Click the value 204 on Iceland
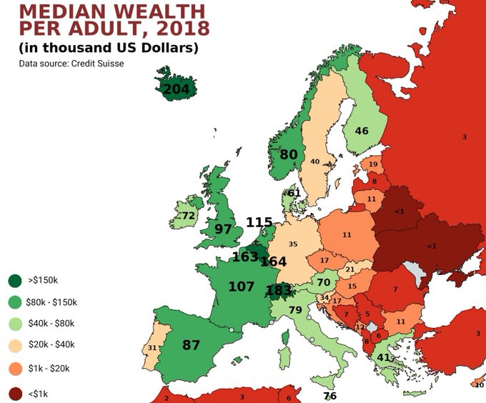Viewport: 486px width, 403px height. (x=176, y=89)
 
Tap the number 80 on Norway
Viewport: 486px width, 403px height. (x=289, y=154)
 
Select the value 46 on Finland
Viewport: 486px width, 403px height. (x=362, y=131)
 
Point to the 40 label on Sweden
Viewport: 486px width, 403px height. (x=314, y=161)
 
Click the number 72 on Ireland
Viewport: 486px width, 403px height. (x=188, y=215)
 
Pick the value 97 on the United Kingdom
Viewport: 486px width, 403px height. (x=223, y=229)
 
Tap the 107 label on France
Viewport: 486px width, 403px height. (x=242, y=287)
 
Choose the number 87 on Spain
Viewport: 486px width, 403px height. (x=191, y=345)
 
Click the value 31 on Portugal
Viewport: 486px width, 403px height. (x=152, y=348)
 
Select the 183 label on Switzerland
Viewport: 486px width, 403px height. (x=278, y=290)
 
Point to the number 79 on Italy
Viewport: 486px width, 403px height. (x=295, y=309)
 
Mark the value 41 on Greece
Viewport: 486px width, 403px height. (x=384, y=357)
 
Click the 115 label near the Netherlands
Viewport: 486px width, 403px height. (x=259, y=222)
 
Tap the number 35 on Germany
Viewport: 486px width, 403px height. (x=293, y=244)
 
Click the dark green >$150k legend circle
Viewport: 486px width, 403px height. (x=14, y=279)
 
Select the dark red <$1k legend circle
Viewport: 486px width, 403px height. (x=14, y=393)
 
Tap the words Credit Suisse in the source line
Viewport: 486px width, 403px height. (x=99, y=64)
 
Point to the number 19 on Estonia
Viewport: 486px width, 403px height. (x=373, y=165)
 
